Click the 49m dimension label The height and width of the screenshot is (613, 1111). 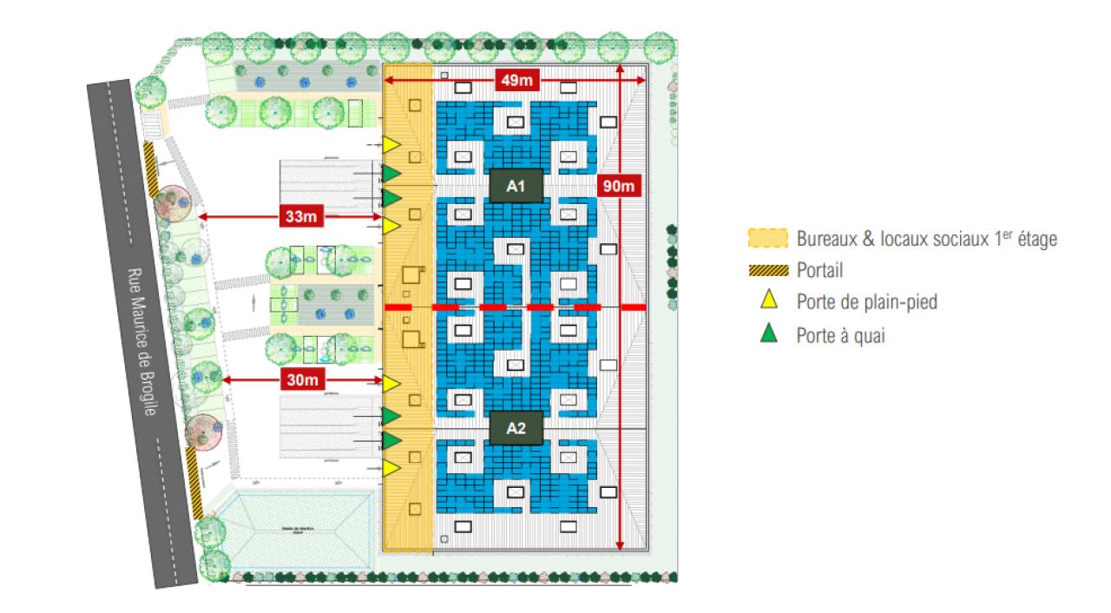click(x=517, y=81)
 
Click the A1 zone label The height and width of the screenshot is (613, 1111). click(x=516, y=185)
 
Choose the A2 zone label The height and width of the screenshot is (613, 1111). click(x=516, y=427)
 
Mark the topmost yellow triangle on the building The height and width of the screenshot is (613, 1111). click(x=391, y=143)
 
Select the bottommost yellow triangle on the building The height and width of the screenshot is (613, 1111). click(x=391, y=468)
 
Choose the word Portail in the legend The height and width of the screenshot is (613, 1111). click(x=819, y=271)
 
